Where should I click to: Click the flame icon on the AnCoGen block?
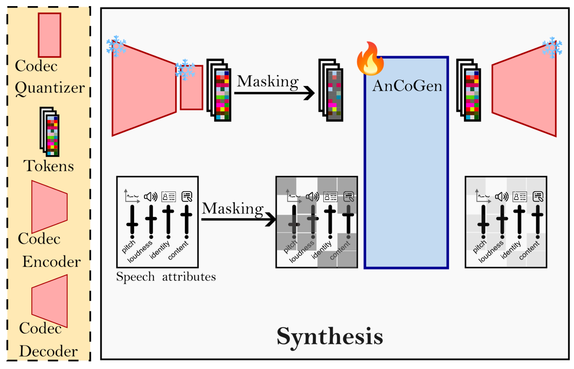pyautogui.click(x=370, y=59)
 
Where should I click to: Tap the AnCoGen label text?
pyautogui.click(x=407, y=86)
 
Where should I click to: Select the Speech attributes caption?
pyautogui.click(x=166, y=277)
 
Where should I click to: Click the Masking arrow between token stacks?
pyautogui.click(x=274, y=92)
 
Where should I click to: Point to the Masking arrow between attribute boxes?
pyautogui.click(x=238, y=219)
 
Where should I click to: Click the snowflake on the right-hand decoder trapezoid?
pyautogui.click(x=552, y=48)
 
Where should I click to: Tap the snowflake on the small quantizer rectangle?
pyautogui.click(x=185, y=70)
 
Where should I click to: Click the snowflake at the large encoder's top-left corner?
pyautogui.click(x=116, y=46)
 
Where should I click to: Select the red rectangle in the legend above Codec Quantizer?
pyautogui.click(x=49, y=35)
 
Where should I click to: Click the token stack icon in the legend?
pyautogui.click(x=49, y=132)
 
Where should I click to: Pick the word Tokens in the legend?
pyautogui.click(x=49, y=166)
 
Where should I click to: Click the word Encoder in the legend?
pyautogui.click(x=52, y=262)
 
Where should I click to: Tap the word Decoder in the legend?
pyautogui.click(x=48, y=351)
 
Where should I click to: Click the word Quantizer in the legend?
pyautogui.click(x=50, y=88)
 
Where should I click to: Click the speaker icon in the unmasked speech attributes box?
pyautogui.click(x=151, y=197)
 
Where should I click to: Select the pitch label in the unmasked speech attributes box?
pyautogui.click(x=129, y=247)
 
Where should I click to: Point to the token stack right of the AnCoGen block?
pyautogui.click(x=469, y=90)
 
